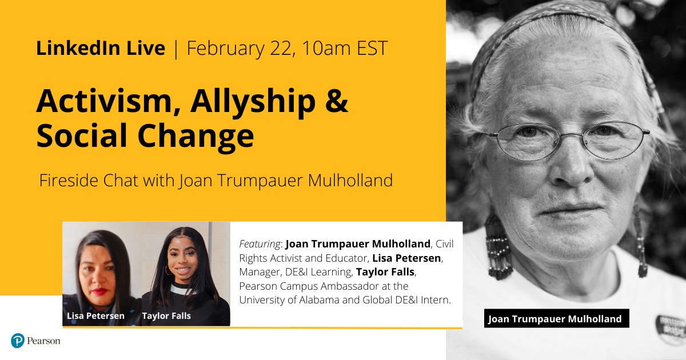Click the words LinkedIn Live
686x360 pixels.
point(100,49)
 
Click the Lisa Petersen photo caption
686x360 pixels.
point(95,316)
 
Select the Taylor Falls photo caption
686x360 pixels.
point(167,316)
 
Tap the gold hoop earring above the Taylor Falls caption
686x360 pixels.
point(169,269)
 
